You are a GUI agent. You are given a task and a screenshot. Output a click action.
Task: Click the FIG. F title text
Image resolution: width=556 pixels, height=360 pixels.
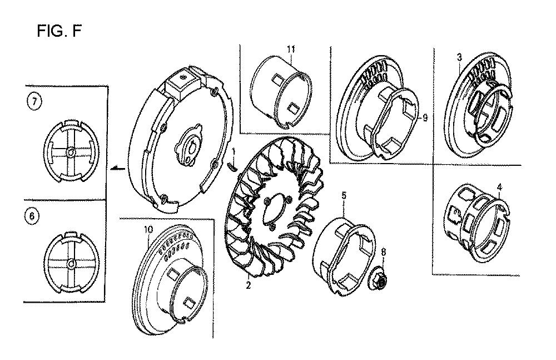point(59,31)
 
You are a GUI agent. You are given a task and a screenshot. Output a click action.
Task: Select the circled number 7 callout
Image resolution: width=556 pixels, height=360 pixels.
point(34,102)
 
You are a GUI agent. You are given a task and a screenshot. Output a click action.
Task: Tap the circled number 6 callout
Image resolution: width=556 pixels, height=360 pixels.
point(32,216)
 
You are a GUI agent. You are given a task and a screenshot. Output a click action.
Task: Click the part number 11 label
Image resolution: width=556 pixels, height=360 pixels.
point(291,49)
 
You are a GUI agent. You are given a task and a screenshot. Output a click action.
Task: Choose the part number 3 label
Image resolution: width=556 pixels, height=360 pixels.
point(459,57)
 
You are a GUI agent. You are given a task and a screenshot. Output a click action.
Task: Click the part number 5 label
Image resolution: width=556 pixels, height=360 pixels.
point(344,195)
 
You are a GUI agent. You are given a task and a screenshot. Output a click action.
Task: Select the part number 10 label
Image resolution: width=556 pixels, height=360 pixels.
point(148,229)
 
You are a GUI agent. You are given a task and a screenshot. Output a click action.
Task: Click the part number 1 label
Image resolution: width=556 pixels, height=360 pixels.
point(234,154)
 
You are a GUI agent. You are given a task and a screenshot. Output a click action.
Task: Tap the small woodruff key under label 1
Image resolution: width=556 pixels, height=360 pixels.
point(231,166)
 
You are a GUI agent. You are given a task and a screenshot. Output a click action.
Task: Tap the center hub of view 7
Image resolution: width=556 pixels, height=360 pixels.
point(70,152)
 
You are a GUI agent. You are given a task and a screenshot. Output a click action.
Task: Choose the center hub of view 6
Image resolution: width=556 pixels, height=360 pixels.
point(71,264)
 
